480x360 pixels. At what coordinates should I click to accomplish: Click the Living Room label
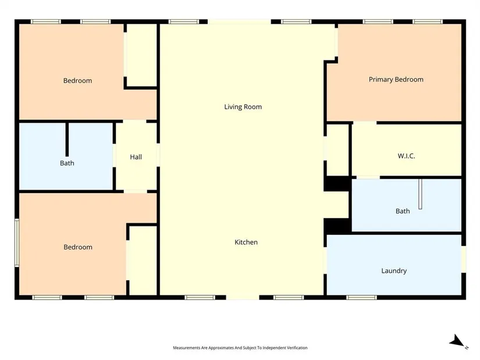(243, 107)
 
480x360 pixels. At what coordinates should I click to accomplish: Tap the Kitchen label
(246, 242)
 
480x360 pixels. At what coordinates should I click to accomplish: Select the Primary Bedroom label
(396, 80)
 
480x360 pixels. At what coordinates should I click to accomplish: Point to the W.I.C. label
(406, 156)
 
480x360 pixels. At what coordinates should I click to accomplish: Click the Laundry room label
(394, 271)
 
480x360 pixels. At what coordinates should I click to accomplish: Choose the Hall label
(136, 157)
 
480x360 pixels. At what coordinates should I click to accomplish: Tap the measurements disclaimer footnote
(240, 348)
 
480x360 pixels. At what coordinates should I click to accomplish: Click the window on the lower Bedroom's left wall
(17, 243)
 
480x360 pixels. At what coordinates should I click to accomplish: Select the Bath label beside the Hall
(67, 163)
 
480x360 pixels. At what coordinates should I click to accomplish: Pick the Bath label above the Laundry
(403, 211)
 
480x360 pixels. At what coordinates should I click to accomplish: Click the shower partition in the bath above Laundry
(420, 194)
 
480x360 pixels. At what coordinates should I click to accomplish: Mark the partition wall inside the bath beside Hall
(67, 140)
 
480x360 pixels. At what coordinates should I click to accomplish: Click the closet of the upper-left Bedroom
(142, 55)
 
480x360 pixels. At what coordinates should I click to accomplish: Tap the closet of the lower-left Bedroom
(143, 261)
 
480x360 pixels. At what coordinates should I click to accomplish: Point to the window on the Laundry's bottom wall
(361, 297)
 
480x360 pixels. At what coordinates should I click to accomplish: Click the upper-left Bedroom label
(78, 81)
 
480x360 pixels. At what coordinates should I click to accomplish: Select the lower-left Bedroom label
(78, 247)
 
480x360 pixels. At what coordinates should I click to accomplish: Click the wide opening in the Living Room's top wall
(239, 22)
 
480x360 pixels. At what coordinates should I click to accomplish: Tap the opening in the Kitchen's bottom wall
(243, 297)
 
